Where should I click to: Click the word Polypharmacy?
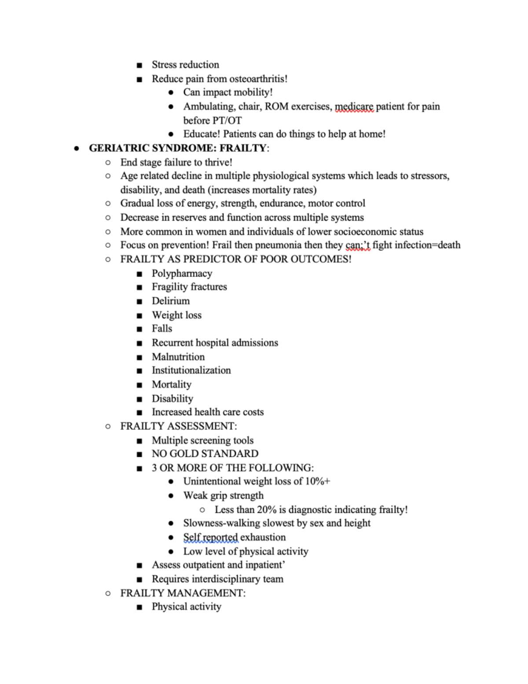click(182, 274)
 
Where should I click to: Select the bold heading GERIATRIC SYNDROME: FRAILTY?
click(178, 148)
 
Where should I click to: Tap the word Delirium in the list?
click(171, 301)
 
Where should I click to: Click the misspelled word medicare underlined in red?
click(354, 107)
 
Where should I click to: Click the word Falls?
click(162, 329)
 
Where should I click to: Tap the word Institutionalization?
click(191, 370)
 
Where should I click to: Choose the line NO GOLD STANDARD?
click(205, 454)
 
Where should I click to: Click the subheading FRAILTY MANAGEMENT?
click(183, 593)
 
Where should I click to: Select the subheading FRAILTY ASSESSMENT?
click(178, 426)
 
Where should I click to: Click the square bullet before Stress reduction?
click(139, 65)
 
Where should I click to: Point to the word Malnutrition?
click(178, 357)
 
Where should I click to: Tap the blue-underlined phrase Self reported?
click(210, 537)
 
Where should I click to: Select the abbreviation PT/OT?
click(227, 120)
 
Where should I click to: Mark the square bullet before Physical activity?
click(139, 607)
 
